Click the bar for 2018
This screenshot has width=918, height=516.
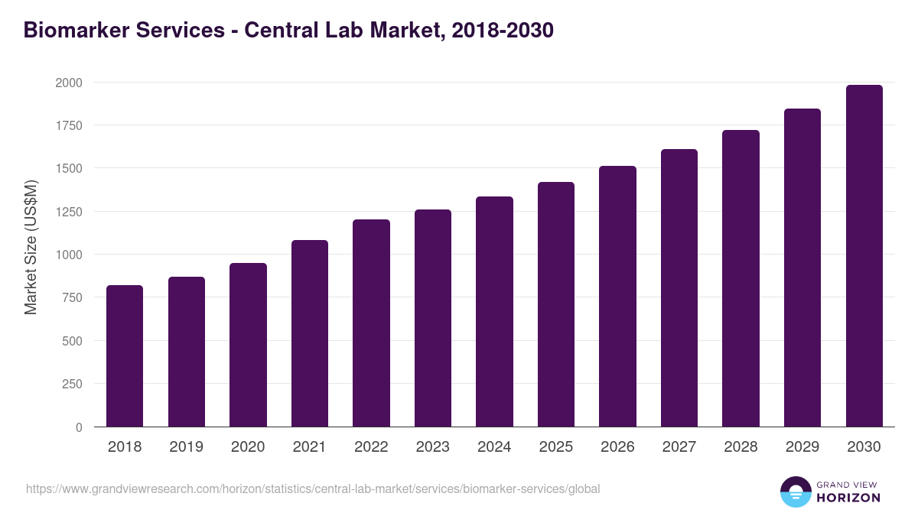[x=125, y=355]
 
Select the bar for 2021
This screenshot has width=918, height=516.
[x=310, y=333]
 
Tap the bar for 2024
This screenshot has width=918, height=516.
[x=494, y=311]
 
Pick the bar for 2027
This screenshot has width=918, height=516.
[x=679, y=287]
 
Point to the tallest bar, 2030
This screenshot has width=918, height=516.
[x=864, y=255]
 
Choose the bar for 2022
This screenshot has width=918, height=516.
[x=371, y=323]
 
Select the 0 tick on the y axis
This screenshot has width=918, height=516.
[x=79, y=427]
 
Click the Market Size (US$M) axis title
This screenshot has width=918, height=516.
[x=31, y=247]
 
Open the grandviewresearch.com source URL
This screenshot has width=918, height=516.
[x=313, y=488]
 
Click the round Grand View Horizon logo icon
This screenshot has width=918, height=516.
[x=795, y=492]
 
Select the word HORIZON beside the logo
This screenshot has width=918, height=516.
[x=848, y=498]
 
